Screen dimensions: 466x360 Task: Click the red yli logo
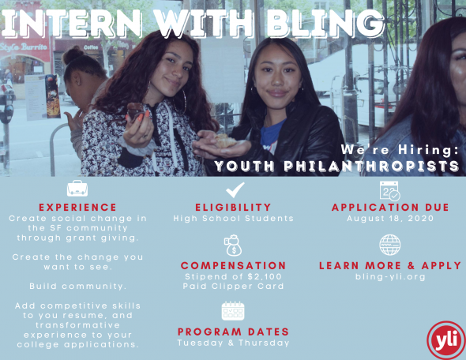pos(446,340)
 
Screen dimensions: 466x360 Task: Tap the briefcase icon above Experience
pos(77,188)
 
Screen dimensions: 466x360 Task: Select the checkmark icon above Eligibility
pos(235,189)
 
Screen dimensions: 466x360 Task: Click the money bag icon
pos(233,246)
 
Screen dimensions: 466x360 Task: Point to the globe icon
pos(390,245)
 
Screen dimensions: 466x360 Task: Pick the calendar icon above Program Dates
pos(233,311)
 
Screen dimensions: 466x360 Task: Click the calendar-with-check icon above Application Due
pos(390,191)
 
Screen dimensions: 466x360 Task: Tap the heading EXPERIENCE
pos(78,207)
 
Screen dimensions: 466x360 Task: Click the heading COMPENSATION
pos(233,265)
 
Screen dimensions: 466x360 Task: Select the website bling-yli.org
pos(390,277)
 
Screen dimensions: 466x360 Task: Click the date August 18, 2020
pos(390,219)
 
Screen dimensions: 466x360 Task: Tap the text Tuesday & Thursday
pos(233,343)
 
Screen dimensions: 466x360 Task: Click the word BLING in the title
pos(325,23)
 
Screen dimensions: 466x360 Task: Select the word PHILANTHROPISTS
pos(371,166)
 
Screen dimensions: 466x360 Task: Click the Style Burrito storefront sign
pos(24,47)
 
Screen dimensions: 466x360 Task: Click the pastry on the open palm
pos(225,141)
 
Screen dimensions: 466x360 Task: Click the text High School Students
pos(233,219)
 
